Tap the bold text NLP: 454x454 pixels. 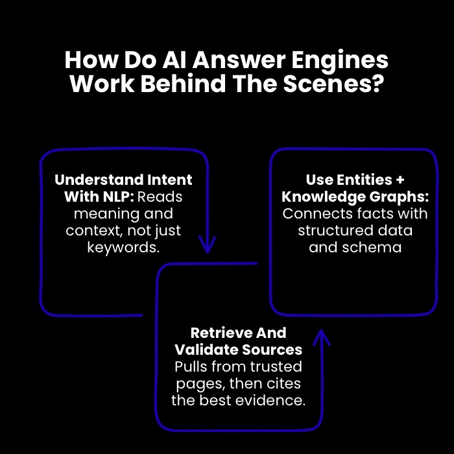click(x=116, y=197)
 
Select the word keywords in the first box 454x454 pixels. click(x=123, y=247)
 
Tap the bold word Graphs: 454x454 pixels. click(x=399, y=197)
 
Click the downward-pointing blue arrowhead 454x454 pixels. click(x=207, y=245)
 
